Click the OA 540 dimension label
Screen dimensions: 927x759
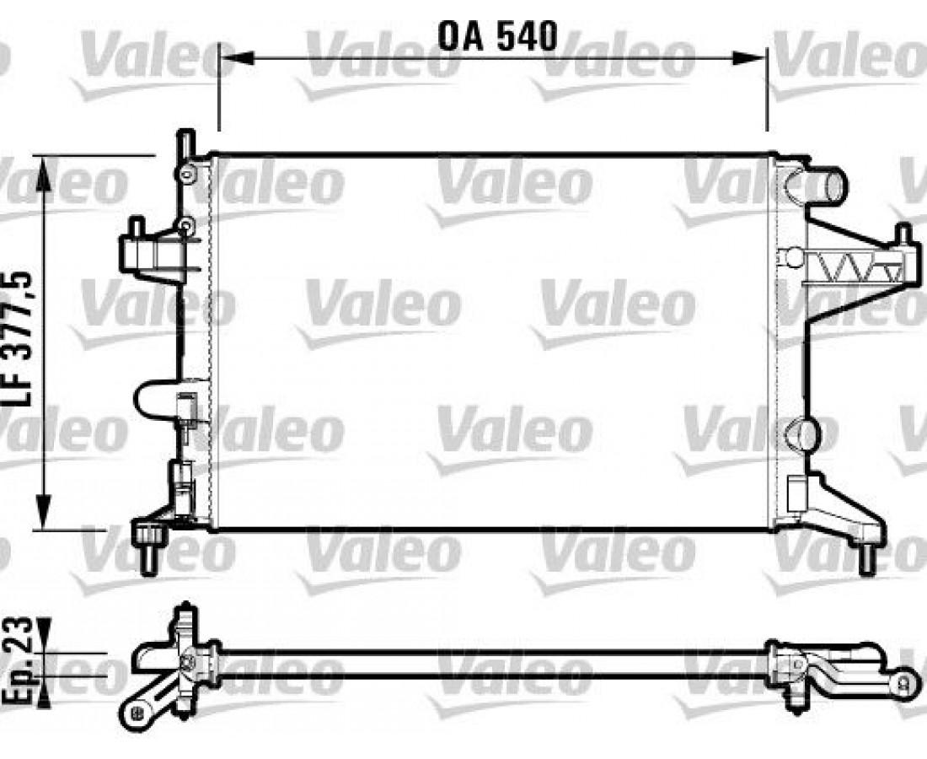pos(498,36)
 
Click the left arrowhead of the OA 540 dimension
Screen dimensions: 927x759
pos(237,58)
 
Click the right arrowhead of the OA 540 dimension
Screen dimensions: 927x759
pos(750,58)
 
